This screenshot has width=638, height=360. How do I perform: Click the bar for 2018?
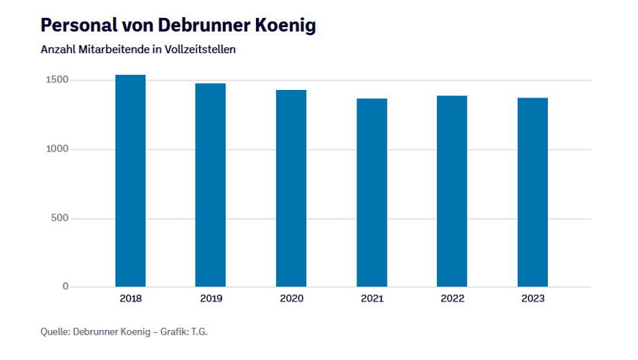click(130, 181)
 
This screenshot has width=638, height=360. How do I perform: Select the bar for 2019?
click(210, 185)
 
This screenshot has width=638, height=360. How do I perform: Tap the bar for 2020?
click(291, 188)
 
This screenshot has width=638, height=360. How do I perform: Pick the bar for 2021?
click(372, 193)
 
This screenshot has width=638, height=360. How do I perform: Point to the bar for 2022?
click(452, 191)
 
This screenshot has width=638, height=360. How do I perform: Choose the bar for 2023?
click(533, 193)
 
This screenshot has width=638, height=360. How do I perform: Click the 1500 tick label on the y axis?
click(56, 80)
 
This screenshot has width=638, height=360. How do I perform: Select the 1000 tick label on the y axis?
click(56, 149)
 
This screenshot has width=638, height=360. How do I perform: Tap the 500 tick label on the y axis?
click(59, 218)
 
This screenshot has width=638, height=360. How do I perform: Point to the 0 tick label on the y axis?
click(65, 286)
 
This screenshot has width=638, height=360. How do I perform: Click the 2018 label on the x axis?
click(130, 298)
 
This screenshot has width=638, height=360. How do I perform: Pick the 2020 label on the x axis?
click(291, 298)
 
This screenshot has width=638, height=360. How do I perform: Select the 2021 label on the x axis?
click(372, 298)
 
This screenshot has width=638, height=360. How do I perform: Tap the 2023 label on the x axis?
click(533, 298)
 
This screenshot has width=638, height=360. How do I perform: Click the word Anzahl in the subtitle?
click(58, 49)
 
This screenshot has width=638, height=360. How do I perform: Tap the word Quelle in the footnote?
click(55, 331)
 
